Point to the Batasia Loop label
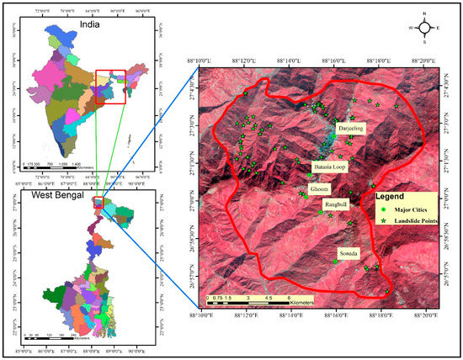click(330, 167)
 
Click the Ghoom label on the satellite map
click(320, 189)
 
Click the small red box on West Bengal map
click(99, 202)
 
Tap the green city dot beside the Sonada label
click(336, 261)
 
